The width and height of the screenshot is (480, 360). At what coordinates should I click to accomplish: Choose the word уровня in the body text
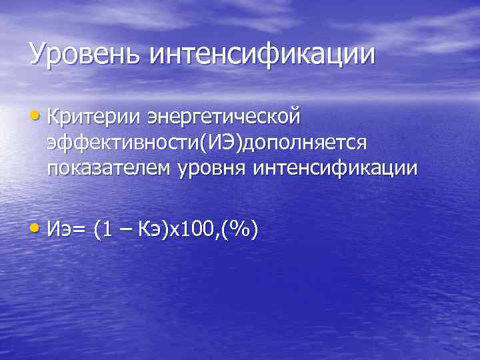[211, 170]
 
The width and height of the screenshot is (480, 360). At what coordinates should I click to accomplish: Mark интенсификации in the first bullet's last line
[335, 169]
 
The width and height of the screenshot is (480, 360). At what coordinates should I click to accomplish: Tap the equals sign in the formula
[81, 230]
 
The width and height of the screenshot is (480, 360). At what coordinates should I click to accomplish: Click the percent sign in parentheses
[239, 229]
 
